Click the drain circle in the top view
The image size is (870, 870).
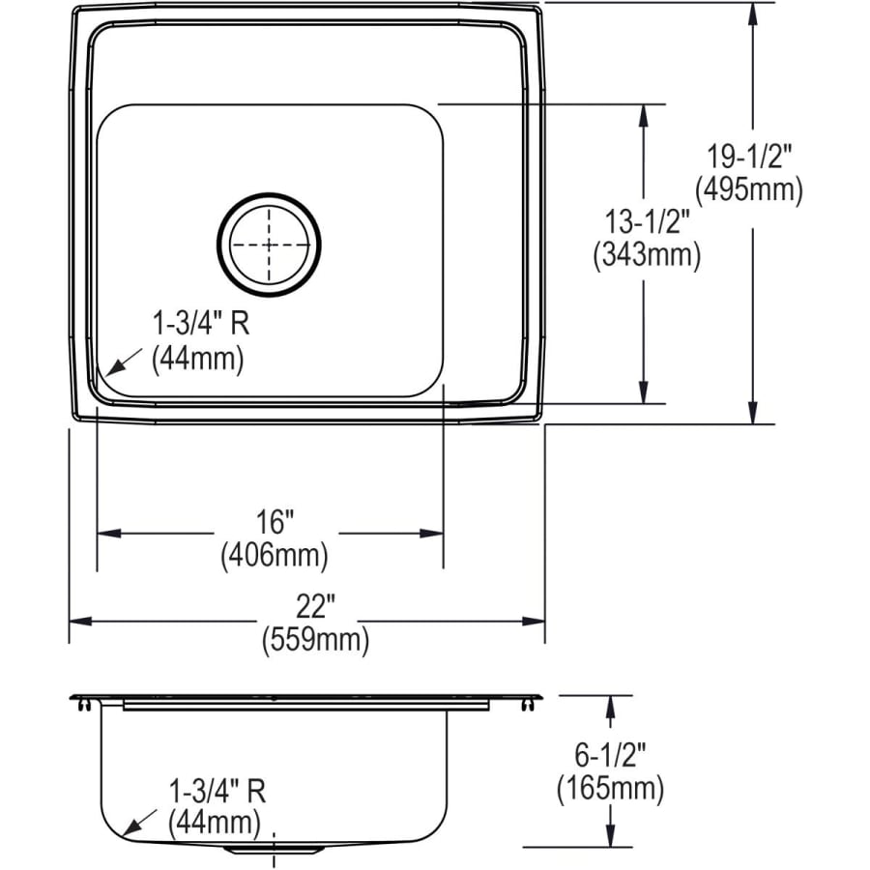tap(270, 246)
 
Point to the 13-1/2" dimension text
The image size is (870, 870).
tap(646, 221)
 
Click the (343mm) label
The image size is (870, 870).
tap(646, 255)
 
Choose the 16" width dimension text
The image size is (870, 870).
tap(275, 523)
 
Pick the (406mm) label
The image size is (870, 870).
tap(275, 555)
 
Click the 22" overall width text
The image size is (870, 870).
tap(315, 608)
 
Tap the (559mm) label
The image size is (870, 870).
tap(315, 640)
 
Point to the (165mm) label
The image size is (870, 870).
tap(610, 789)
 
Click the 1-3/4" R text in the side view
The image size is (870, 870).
tap(215, 791)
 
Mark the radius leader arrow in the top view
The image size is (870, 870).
tap(121, 362)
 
